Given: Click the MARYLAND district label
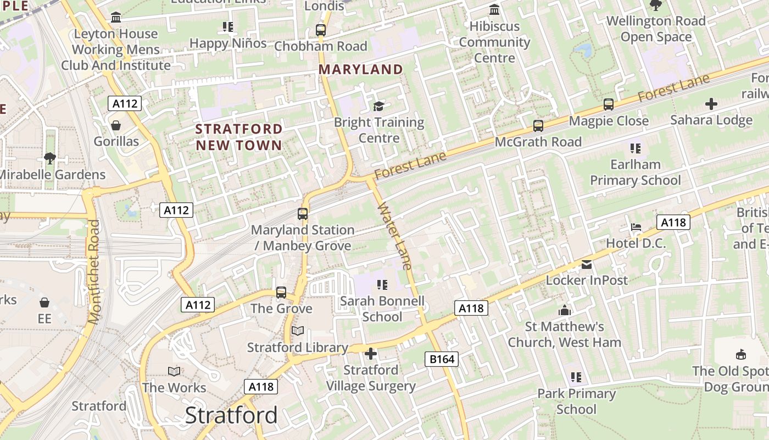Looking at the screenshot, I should [361, 69].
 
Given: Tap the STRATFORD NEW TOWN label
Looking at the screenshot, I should [239, 137].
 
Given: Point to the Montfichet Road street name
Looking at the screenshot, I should [94, 272].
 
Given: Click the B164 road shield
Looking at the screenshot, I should [442, 359].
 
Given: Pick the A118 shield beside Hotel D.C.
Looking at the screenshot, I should [673, 222].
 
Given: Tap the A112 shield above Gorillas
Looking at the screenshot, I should [125, 103].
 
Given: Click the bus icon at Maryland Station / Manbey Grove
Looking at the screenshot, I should [303, 213].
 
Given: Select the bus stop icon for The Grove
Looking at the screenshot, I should [281, 292].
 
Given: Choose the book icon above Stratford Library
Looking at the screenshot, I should [298, 331].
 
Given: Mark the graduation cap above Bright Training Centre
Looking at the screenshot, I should [379, 106].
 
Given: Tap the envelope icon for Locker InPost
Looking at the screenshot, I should [587, 265].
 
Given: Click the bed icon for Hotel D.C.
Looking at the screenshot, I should [636, 227].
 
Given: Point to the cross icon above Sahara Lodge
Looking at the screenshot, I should [711, 103].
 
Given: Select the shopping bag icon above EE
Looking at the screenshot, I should [44, 302].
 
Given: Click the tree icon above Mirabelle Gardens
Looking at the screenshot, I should [50, 158].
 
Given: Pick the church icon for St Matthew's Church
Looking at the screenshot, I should [565, 311].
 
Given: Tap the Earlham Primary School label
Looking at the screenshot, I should [636, 172].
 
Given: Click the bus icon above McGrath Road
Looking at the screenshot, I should [538, 125].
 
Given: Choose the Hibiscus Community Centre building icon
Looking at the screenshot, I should [494, 10].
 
